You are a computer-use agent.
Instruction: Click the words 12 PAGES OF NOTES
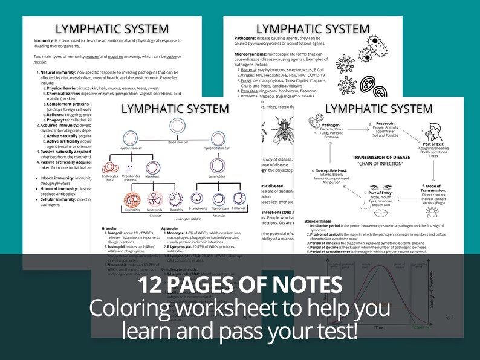point(240,284)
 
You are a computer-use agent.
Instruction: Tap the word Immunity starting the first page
point(44,40)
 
